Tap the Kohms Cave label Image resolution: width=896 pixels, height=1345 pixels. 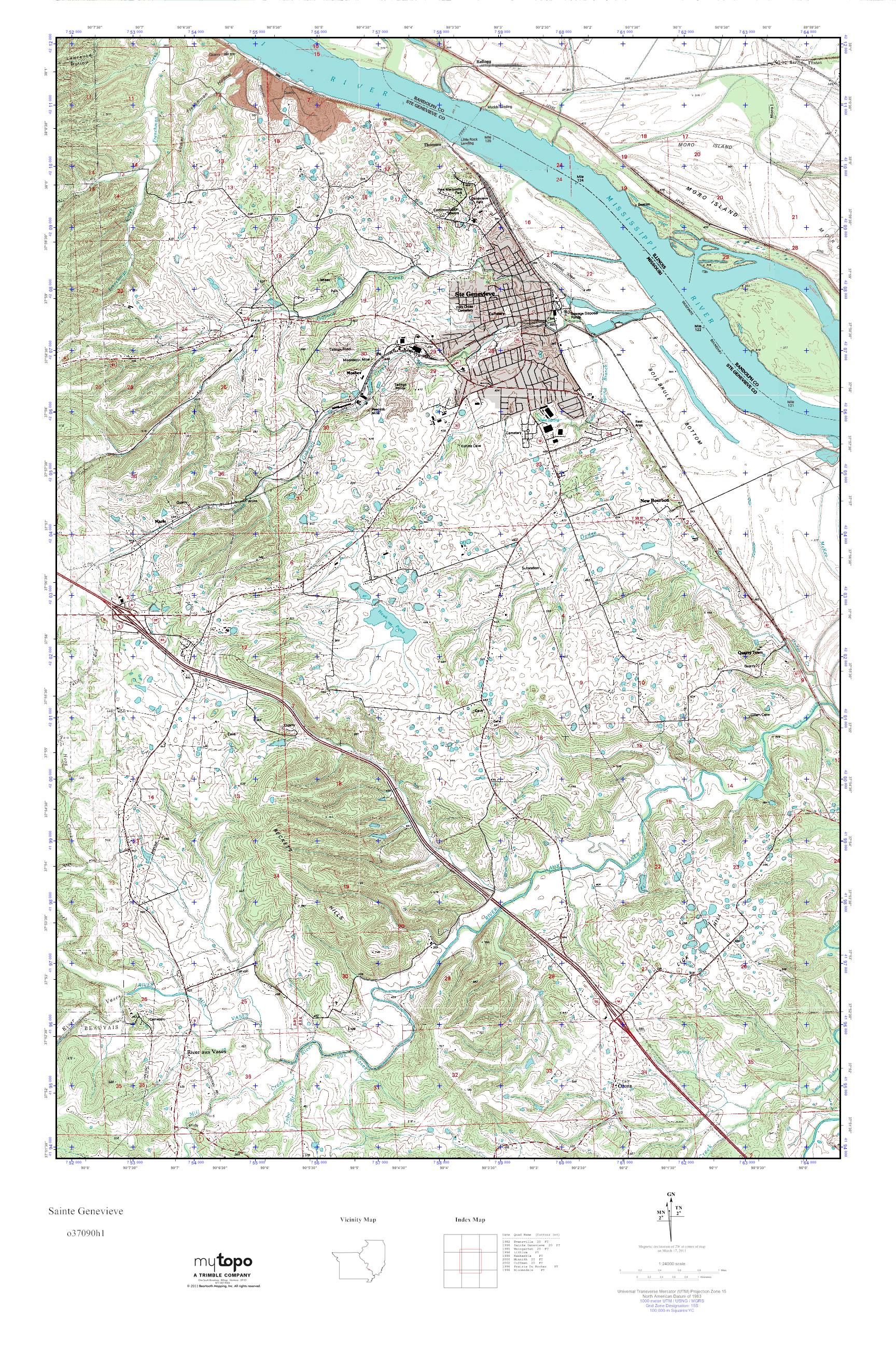(467, 446)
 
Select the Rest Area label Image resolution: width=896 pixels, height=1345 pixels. (640, 424)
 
